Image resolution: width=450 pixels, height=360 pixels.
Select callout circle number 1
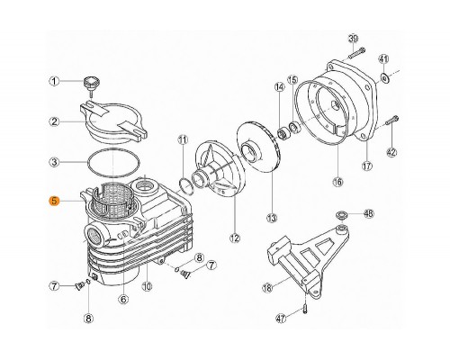click(55, 82)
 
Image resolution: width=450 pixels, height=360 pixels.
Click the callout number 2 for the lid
click(55, 121)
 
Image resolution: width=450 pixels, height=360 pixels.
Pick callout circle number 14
click(280, 86)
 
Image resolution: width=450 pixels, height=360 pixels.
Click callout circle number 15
click(292, 80)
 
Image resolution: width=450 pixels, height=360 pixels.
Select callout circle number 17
click(367, 166)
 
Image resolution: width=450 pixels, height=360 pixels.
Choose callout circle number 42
click(392, 152)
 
